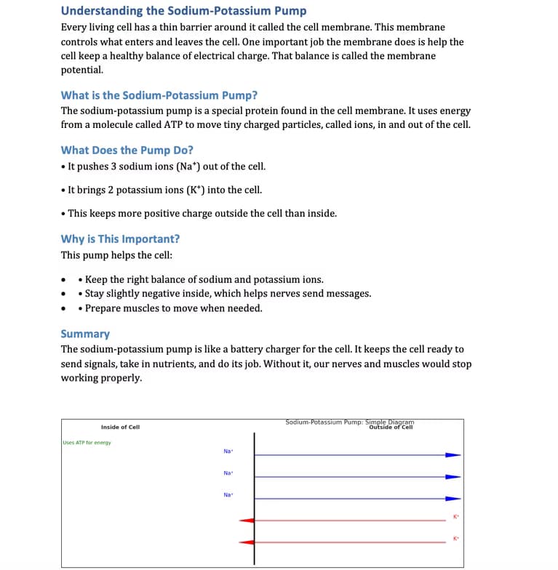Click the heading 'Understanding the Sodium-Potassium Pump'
point(183,11)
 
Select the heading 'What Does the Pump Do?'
point(127,150)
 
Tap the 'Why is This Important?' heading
point(120,238)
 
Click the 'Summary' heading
point(85,334)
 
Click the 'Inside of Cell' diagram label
point(120,427)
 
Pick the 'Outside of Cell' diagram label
point(391,427)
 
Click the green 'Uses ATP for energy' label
point(87,443)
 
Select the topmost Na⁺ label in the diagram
point(228,451)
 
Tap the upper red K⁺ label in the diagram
point(456,517)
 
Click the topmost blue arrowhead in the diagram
point(453,455)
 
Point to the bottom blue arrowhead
point(453,499)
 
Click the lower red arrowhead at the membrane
point(247,542)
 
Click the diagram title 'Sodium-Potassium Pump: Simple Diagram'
point(349,422)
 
